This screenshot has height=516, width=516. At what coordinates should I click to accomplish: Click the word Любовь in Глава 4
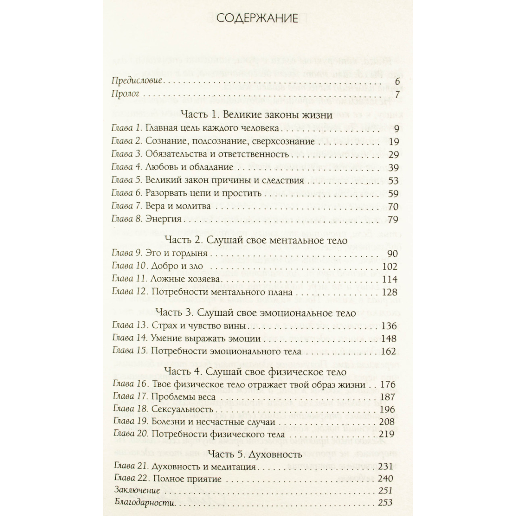162,167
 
